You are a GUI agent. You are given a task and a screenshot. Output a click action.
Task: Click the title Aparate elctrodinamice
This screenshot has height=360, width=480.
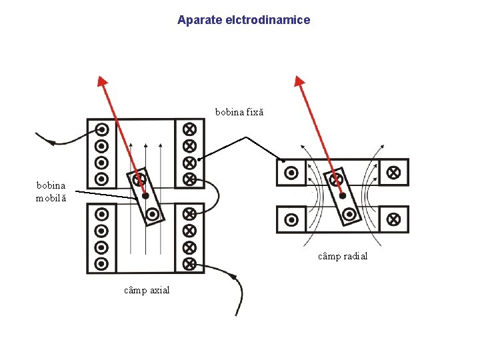(x=243, y=20)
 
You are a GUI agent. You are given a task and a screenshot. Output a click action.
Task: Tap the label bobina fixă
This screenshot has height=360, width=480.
(x=239, y=112)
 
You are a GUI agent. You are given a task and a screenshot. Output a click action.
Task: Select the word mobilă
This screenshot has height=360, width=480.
(x=51, y=198)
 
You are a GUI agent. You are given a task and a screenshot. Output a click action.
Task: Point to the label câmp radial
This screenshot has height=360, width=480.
(x=343, y=256)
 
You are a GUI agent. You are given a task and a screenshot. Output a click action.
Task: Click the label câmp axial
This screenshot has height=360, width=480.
(x=147, y=290)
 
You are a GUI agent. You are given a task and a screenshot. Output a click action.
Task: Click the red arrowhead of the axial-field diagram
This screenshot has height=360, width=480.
(x=102, y=83)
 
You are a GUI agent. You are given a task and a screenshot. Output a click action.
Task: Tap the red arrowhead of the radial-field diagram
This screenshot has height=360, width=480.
(x=300, y=83)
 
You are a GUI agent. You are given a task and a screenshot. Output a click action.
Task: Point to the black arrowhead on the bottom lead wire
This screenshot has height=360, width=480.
(x=233, y=276)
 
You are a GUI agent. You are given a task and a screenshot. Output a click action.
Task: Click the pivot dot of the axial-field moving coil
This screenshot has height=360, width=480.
(x=145, y=196)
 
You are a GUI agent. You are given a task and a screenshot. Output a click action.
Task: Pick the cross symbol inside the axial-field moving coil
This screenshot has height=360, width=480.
(x=139, y=179)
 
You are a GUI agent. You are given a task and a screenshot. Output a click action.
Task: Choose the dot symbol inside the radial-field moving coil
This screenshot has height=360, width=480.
(x=349, y=214)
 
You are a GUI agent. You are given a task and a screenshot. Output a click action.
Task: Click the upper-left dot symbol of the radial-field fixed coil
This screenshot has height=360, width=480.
(x=291, y=173)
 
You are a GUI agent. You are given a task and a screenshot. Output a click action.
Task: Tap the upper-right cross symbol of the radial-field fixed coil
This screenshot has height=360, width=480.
(x=393, y=172)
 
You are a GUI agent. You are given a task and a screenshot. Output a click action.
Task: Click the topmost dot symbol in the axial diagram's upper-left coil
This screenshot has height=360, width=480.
(x=102, y=129)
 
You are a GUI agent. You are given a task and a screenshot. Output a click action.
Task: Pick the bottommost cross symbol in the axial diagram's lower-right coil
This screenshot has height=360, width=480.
(x=189, y=263)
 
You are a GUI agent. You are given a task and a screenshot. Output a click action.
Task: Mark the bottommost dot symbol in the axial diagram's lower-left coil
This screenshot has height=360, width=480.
(x=102, y=263)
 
